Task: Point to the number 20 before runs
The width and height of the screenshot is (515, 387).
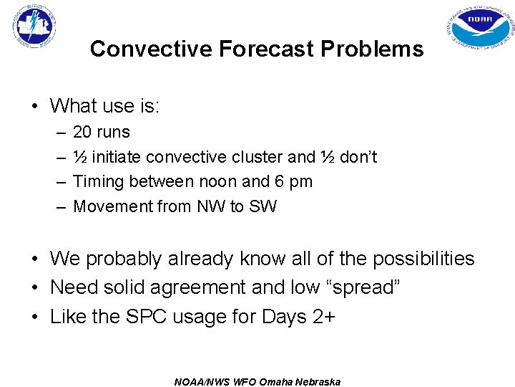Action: click(82, 132)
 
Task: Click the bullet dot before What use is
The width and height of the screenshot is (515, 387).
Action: click(34, 106)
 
